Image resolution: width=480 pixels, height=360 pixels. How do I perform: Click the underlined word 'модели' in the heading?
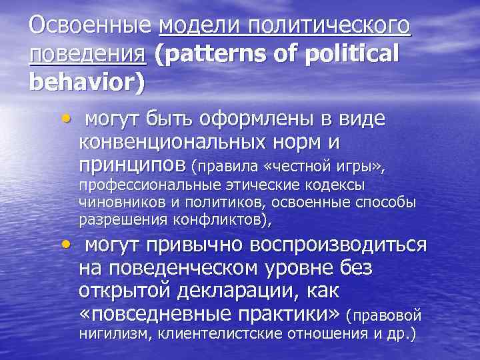200,27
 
